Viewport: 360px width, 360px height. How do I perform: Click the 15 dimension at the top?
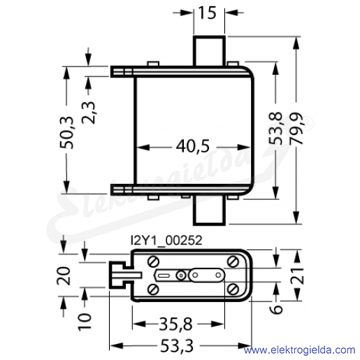tap(208, 13)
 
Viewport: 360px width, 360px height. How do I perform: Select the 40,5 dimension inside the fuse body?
tap(193, 147)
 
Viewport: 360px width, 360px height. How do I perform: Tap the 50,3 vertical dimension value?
tap(67, 132)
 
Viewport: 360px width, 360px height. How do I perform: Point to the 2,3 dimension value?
tap(88, 113)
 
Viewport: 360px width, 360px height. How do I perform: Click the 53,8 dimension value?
tap(275, 129)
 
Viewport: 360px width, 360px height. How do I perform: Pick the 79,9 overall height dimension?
tap(296, 129)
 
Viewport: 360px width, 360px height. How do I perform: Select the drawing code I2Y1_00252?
tap(166, 240)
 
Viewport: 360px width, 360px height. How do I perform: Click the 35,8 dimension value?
tap(176, 324)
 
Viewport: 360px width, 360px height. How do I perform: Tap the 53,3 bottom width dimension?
tap(177, 346)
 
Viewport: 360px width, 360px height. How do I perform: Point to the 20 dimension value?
tap(64, 275)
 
